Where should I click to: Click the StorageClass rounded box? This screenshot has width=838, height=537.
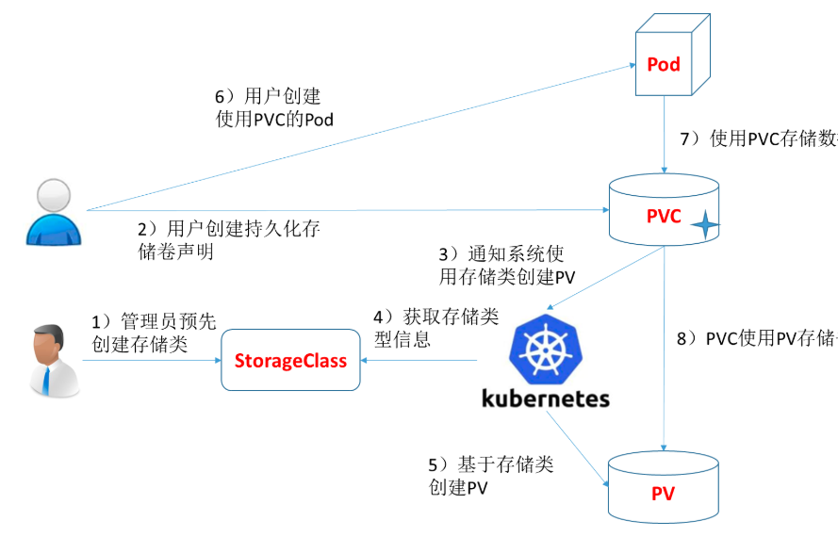point(290,360)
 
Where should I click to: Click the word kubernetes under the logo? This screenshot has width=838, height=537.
point(546,399)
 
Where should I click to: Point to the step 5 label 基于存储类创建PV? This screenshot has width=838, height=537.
point(490,476)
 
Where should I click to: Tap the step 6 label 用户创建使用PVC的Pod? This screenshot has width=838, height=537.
point(275,108)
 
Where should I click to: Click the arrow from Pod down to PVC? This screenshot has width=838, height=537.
point(665,132)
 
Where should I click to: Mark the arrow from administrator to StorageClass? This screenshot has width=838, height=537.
point(151,360)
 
